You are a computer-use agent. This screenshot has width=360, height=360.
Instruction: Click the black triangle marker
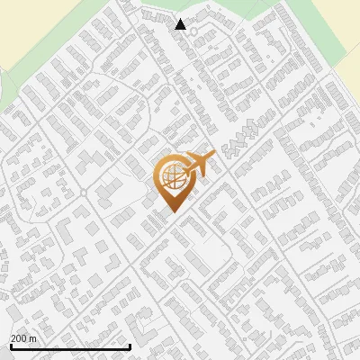pos(181,24)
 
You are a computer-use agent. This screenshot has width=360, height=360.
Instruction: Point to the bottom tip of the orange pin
pos(172,211)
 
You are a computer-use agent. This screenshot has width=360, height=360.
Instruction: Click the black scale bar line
pos(70,346)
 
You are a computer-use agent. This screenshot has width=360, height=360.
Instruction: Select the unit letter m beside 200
pos(34,337)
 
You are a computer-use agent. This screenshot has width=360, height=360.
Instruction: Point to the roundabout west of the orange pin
pos(84,193)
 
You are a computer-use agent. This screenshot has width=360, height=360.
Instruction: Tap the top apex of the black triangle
pos(181,19)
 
